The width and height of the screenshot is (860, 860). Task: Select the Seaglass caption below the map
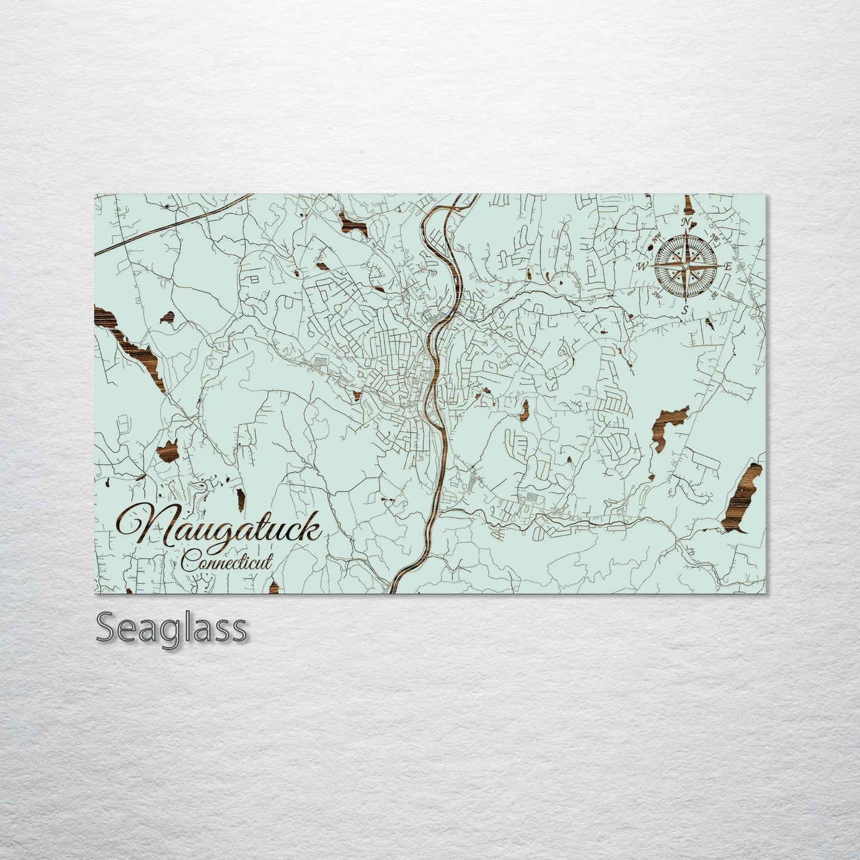(x=171, y=627)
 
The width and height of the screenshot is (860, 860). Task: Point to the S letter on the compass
(x=685, y=309)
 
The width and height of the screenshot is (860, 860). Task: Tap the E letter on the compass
(x=727, y=267)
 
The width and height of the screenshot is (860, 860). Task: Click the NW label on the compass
(x=657, y=240)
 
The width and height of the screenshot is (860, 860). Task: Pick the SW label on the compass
(x=657, y=294)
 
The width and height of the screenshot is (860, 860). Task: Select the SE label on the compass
(x=714, y=293)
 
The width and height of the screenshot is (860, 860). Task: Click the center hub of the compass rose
(x=685, y=265)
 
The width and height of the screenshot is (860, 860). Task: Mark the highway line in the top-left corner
(x=173, y=223)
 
